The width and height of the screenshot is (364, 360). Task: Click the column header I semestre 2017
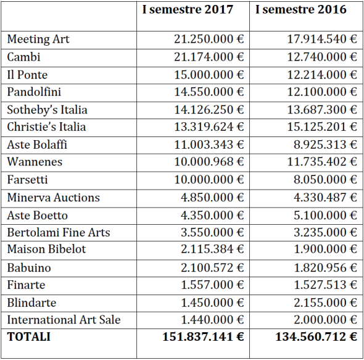tap(187, 10)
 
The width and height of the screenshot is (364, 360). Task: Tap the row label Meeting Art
tap(38, 40)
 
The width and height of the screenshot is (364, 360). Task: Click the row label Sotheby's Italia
tap(47, 110)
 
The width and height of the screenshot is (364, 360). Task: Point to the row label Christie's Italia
tap(46, 127)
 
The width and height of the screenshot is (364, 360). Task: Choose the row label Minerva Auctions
tap(53, 198)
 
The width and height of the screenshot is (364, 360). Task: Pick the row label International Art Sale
tap(64, 320)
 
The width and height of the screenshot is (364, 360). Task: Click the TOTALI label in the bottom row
tap(29, 337)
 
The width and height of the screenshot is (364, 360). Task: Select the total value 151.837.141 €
tap(203, 337)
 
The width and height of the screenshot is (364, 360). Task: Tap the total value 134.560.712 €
tap(316, 337)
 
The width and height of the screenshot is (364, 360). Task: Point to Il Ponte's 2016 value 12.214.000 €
tap(320, 75)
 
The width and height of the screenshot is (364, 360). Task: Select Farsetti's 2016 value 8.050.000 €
tap(323, 180)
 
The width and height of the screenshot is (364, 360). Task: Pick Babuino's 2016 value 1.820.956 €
tap(323, 268)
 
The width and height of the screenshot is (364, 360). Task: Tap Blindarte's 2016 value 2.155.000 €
tap(323, 303)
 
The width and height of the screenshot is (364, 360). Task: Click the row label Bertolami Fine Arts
tap(59, 233)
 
